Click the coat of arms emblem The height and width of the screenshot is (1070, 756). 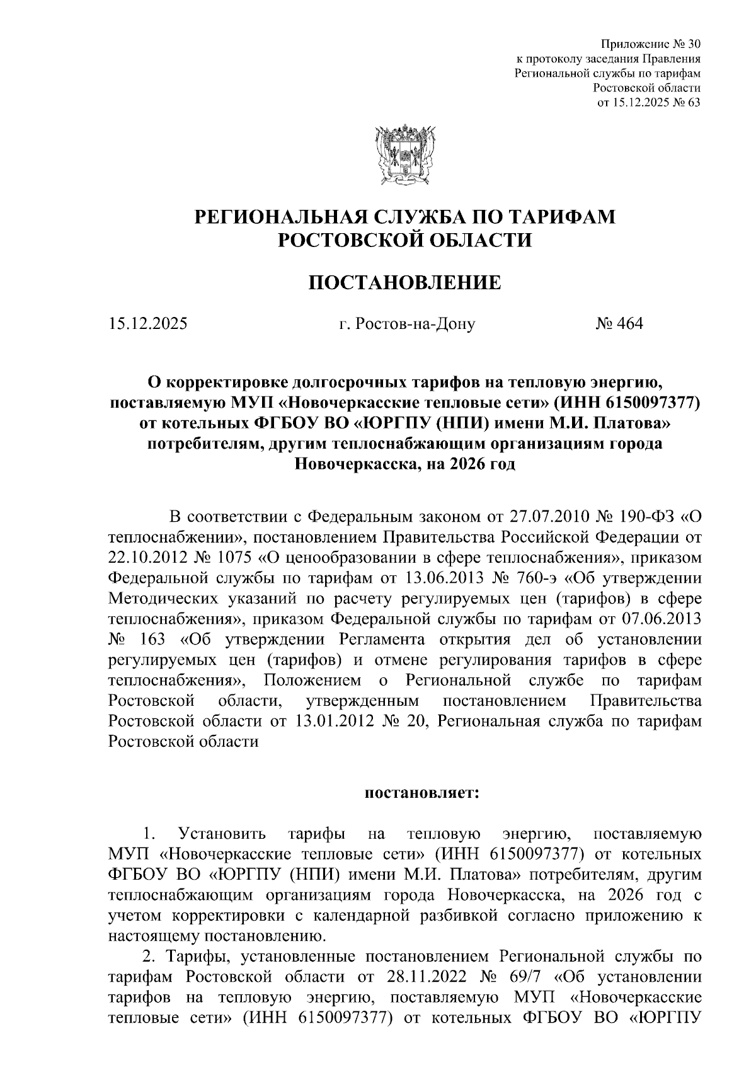[404, 154]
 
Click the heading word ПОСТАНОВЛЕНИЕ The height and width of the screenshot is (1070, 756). [404, 283]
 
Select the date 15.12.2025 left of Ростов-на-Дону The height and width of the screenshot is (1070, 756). [147, 324]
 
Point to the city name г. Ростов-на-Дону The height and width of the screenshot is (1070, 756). [406, 325]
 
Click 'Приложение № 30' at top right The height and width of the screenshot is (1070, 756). [651, 44]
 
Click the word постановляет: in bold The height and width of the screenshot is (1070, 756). [422, 793]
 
